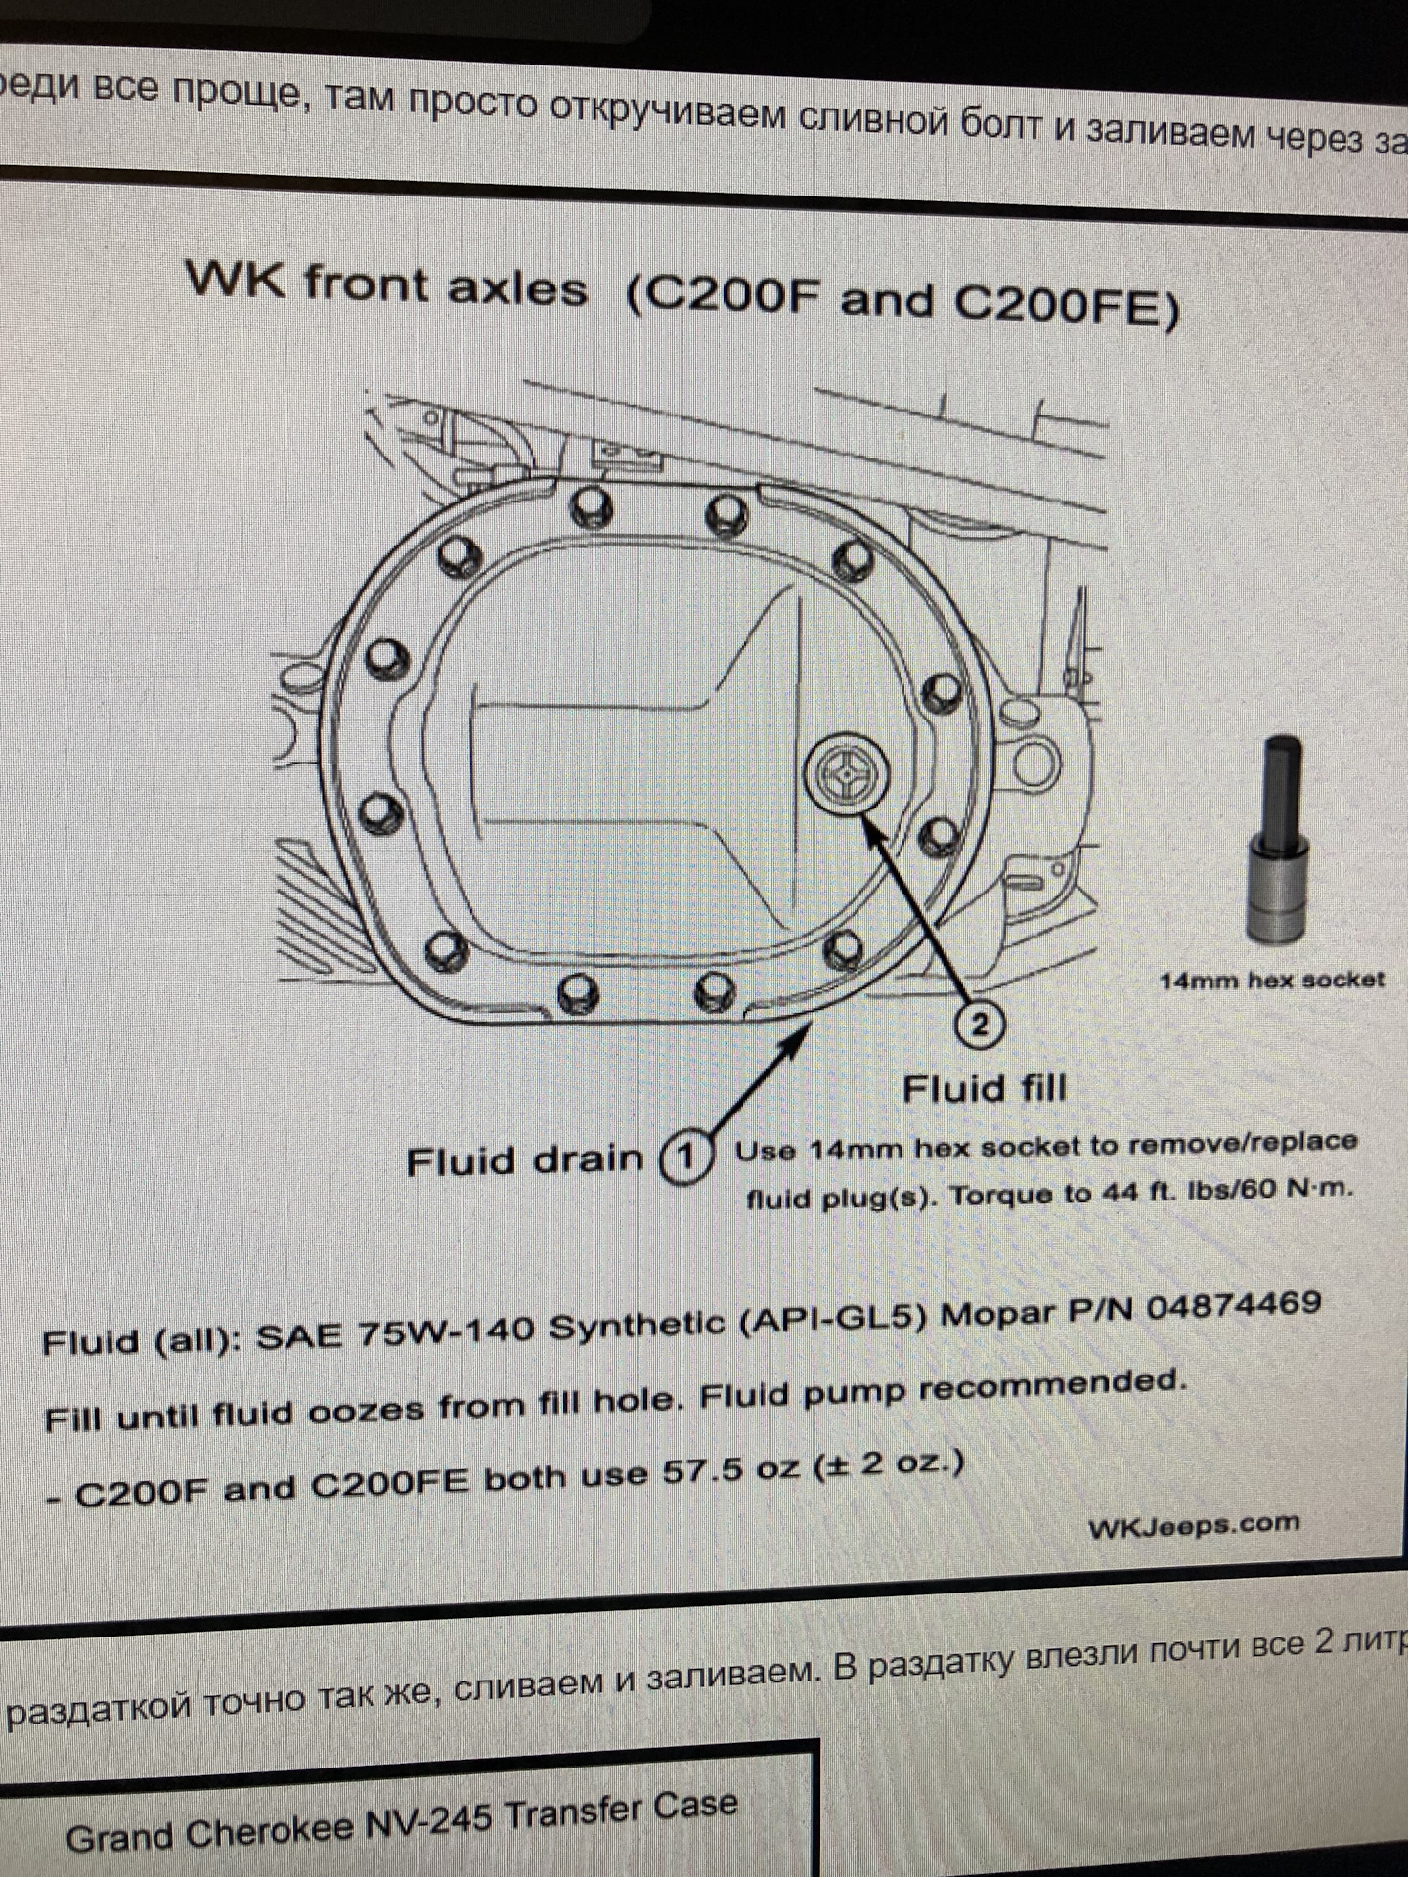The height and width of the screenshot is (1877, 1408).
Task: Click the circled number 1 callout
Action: click(x=685, y=1157)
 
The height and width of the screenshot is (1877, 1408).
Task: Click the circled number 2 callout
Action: click(x=980, y=1024)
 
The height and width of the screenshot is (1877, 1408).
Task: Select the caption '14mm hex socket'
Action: click(x=1272, y=981)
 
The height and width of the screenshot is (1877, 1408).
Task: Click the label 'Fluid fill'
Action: click(x=984, y=1088)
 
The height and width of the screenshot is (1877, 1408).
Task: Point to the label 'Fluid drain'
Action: click(x=525, y=1160)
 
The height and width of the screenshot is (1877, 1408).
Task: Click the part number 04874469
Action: click(x=1234, y=1307)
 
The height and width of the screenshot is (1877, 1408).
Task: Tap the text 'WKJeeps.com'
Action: click(x=1194, y=1526)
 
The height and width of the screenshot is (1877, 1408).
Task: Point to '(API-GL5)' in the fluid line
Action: click(x=833, y=1319)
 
